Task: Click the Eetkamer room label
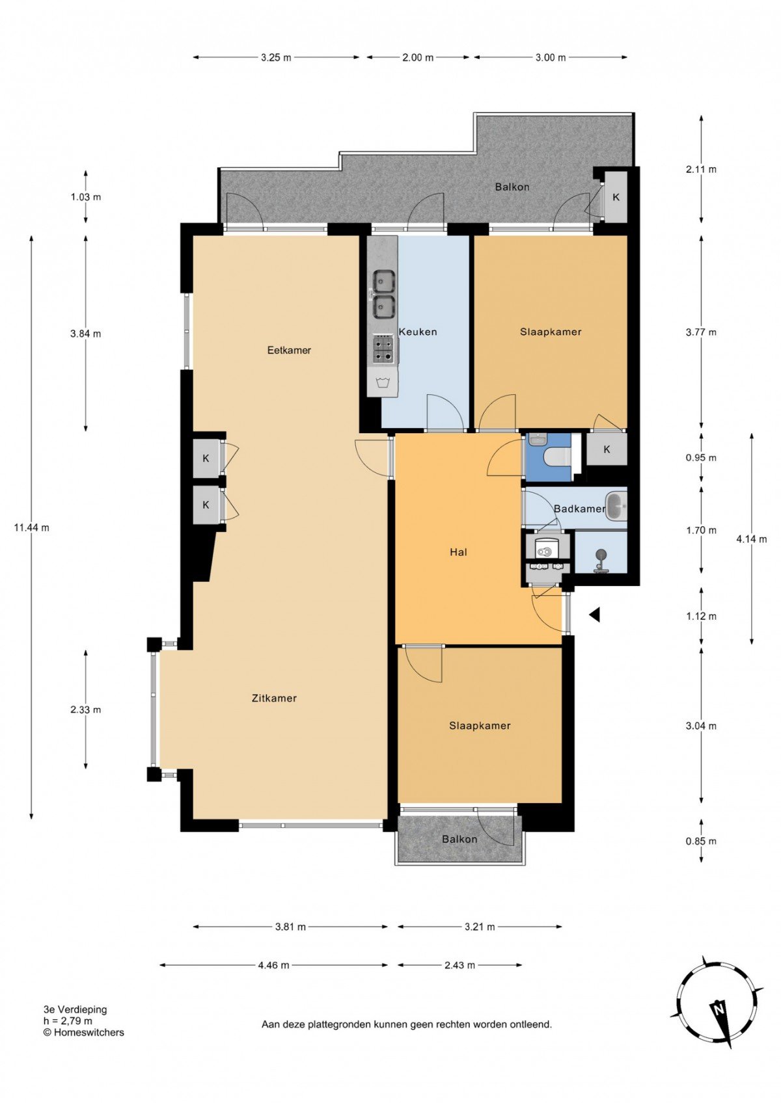tap(289, 350)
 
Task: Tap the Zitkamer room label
tap(274, 698)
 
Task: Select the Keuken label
tap(418, 332)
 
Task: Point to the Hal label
tap(458, 552)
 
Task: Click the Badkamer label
tap(579, 509)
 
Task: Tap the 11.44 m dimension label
tap(31, 527)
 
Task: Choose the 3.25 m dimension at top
tap(276, 58)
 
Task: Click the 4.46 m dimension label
tap(274, 965)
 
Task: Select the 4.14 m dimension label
tap(752, 538)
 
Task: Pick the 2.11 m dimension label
tap(701, 169)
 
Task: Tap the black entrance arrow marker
tap(595, 614)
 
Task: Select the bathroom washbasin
tap(616, 506)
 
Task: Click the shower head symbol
tap(601, 559)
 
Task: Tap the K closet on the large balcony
tap(616, 197)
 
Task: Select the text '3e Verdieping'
tap(75, 1009)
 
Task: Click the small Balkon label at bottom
tap(459, 839)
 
